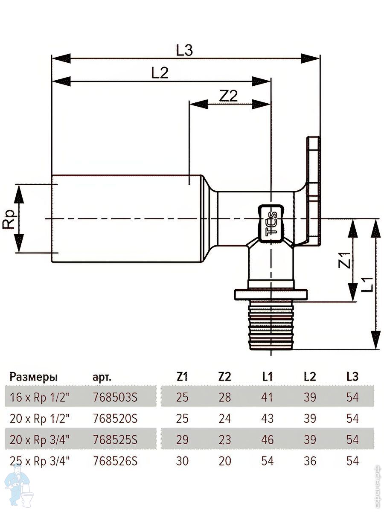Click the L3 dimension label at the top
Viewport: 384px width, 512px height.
coord(185,50)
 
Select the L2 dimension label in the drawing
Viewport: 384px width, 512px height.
coord(160,73)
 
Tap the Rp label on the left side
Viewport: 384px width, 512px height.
coord(9,219)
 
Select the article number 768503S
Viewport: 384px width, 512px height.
coord(115,397)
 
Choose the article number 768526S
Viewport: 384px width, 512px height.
coord(115,461)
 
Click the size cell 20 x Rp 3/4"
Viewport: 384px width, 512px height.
coord(39,439)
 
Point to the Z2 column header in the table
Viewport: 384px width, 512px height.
coord(224,377)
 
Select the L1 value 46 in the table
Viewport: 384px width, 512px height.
coord(268,439)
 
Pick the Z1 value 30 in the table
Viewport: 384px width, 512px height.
coord(182,461)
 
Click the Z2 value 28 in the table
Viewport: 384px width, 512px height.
coord(224,397)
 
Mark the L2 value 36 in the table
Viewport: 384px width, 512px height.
coord(310,461)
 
